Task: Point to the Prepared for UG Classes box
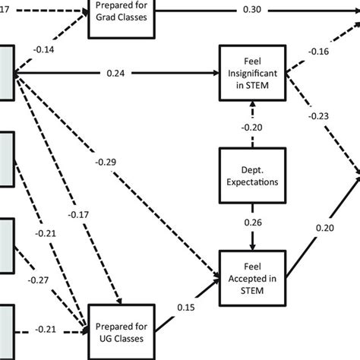pyautogui.click(x=122, y=329)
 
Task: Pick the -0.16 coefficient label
pyautogui.click(x=318, y=52)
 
